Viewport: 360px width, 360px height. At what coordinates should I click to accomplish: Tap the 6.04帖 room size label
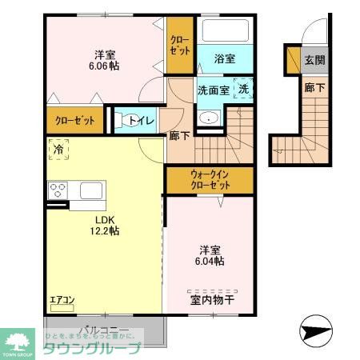tap(209, 261)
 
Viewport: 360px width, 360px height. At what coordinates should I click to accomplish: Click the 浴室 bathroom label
tap(225, 58)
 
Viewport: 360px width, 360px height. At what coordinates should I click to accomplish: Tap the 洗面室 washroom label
tap(214, 90)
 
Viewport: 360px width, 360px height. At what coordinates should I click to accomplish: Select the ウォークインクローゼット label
tap(211, 179)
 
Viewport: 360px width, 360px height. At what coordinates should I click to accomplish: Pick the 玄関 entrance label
tap(314, 60)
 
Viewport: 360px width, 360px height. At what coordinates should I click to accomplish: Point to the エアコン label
tap(62, 301)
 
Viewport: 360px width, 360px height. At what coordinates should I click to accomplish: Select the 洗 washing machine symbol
tap(243, 90)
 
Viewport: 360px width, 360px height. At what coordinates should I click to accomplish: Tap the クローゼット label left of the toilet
tap(74, 122)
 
